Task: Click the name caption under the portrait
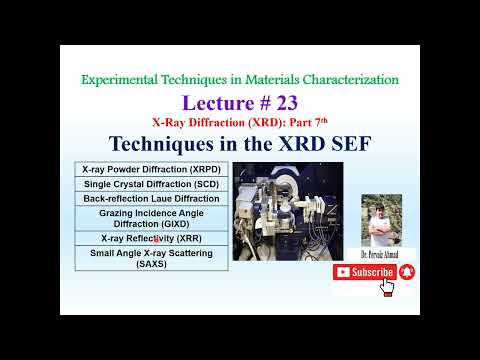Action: click(x=383, y=255)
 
